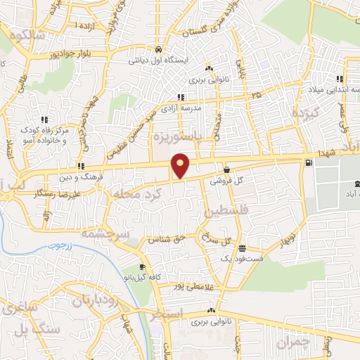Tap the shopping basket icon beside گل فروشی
226,169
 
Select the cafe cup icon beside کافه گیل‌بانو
142,266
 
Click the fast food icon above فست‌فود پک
242,248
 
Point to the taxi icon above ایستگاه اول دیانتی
160,51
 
